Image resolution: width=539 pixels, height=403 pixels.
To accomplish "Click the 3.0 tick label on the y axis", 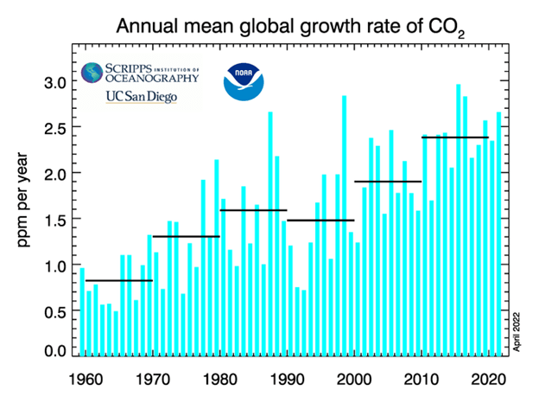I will pos(53,82).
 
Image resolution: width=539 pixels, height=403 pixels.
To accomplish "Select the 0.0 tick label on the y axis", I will pos(53,350).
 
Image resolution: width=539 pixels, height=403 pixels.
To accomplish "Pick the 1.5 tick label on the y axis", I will pos(53,219).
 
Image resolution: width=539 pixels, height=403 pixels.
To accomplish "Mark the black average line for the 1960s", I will pos(119,280).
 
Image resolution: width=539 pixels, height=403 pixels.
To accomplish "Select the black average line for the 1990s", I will pos(320,221).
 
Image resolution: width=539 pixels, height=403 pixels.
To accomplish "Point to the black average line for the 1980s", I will pos(253,210).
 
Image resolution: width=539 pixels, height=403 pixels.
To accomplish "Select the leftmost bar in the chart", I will pos(82,311).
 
